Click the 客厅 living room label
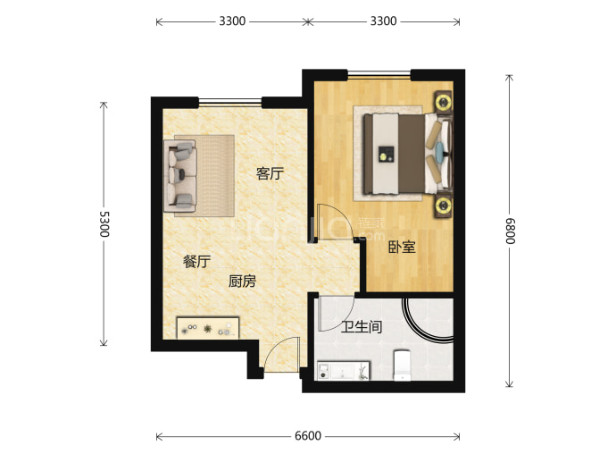point(270,173)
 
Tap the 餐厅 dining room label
point(196,262)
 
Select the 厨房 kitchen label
point(242,281)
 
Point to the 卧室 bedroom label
point(402,247)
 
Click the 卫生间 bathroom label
point(362,327)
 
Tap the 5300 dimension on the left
point(104,224)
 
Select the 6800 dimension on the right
point(510,231)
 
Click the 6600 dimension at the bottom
point(308,436)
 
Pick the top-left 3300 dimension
point(232,21)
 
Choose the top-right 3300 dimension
point(383,21)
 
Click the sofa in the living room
point(180,176)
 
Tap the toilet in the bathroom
point(402,365)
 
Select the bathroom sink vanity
point(344,371)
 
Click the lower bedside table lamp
point(443,206)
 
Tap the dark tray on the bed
point(387,154)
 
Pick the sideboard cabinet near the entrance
point(208,328)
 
